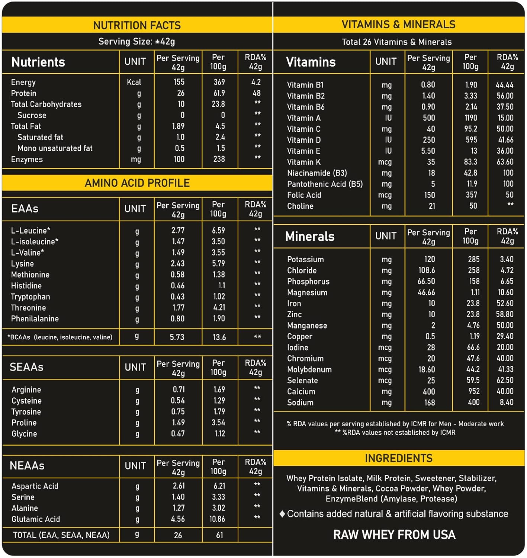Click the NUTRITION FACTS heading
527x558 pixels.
137,25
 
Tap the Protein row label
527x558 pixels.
24,93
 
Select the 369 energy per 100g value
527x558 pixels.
219,82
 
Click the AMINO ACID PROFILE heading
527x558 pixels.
137,183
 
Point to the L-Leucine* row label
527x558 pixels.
30,231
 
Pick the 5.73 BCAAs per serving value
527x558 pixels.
177,337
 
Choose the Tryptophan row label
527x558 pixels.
30,297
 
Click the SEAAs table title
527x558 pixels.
26,367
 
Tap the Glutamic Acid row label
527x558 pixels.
36,519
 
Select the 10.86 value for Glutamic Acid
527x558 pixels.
217,519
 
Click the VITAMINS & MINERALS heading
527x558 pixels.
398,25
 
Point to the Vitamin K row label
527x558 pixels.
304,162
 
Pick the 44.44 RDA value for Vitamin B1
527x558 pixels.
504,85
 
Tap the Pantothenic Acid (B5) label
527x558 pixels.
325,184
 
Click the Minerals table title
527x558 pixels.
310,237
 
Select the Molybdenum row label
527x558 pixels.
309,370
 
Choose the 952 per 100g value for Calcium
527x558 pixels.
474,392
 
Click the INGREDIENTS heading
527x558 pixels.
398,458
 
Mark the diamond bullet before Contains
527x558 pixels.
282,514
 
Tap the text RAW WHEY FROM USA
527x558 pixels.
394,535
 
